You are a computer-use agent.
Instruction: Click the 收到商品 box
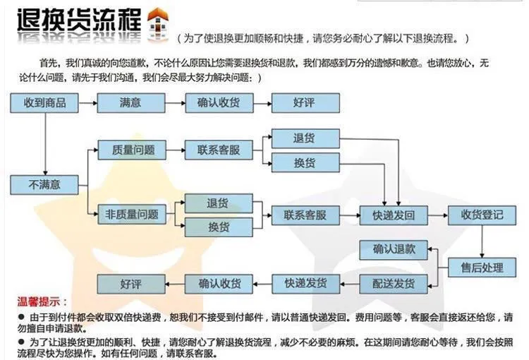click(x=44, y=103)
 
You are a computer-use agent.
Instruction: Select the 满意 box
click(x=130, y=103)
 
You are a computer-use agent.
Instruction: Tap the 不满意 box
click(x=44, y=185)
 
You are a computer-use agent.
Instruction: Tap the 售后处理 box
click(x=482, y=268)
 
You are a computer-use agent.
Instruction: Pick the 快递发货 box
click(x=305, y=284)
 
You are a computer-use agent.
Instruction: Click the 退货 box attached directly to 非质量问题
click(x=218, y=203)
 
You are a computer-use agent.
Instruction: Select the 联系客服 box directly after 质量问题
click(x=219, y=150)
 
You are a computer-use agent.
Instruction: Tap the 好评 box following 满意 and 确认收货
click(x=304, y=103)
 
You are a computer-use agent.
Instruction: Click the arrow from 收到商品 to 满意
click(x=86, y=103)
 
